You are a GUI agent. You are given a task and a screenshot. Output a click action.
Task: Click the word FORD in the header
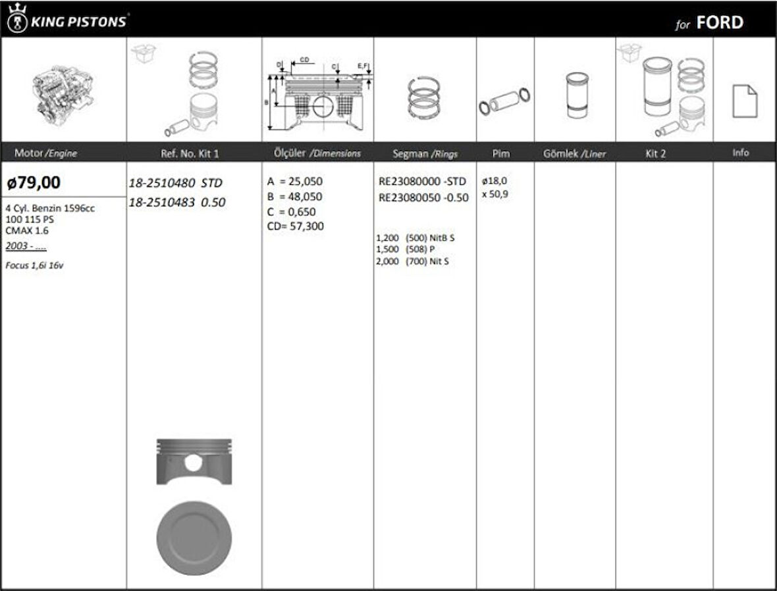click(x=719, y=23)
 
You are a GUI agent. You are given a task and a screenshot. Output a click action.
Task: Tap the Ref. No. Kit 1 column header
click(x=190, y=153)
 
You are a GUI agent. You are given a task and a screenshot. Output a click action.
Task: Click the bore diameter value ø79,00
click(x=34, y=182)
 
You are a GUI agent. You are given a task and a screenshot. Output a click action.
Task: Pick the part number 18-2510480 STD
click(x=175, y=183)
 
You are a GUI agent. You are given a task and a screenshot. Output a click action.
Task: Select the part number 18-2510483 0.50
click(x=176, y=203)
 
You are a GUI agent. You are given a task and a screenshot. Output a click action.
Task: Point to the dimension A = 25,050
click(x=295, y=181)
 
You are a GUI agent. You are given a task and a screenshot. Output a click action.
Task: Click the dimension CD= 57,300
click(x=295, y=226)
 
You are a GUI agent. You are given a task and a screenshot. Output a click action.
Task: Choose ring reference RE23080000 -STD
click(x=422, y=181)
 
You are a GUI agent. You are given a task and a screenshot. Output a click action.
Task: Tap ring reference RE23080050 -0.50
click(x=423, y=197)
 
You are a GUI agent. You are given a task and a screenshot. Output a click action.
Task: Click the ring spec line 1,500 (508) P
click(x=405, y=249)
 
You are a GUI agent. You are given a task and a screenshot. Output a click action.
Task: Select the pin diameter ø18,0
click(x=495, y=181)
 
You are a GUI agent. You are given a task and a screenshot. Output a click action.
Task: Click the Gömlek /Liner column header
click(x=574, y=153)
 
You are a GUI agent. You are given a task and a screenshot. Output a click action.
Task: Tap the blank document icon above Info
click(x=744, y=101)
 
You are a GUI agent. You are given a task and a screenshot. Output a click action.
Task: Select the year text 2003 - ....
click(x=26, y=246)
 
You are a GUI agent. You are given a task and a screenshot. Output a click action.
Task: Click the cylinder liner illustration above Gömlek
click(x=575, y=95)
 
